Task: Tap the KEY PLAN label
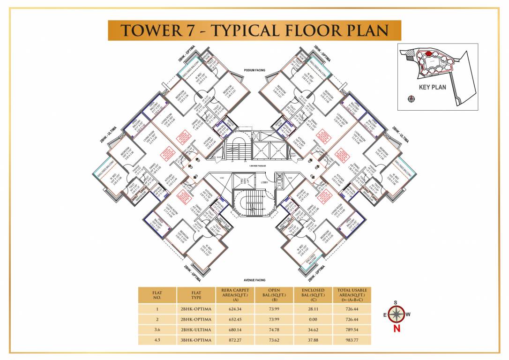click(432, 87)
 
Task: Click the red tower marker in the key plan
click(428, 54)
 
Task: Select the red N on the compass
click(397, 329)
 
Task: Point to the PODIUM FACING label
click(254, 70)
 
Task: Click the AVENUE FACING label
click(254, 280)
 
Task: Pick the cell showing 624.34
click(235, 309)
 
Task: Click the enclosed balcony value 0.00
click(313, 319)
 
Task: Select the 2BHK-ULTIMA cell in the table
click(196, 330)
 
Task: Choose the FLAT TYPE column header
click(196, 295)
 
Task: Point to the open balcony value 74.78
click(274, 330)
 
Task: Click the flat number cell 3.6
click(157, 330)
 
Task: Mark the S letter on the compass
click(396, 303)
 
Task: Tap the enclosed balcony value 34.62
click(313, 330)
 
